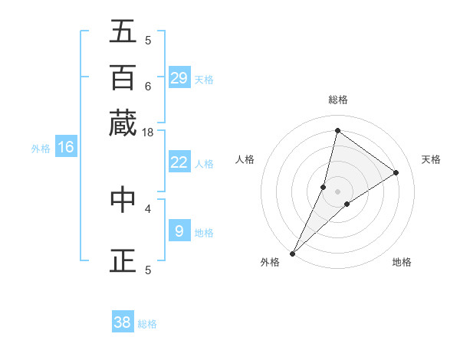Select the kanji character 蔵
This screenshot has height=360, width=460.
click(x=123, y=123)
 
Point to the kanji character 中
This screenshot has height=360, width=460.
click(x=123, y=199)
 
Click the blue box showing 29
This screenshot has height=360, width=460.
click(x=179, y=78)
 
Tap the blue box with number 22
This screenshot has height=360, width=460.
click(x=179, y=162)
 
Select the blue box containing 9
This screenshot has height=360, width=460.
click(x=179, y=231)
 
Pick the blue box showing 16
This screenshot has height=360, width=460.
click(x=66, y=147)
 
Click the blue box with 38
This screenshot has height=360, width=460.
click(x=123, y=322)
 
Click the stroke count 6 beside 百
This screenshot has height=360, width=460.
click(x=147, y=86)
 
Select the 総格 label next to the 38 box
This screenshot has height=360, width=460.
click(x=147, y=324)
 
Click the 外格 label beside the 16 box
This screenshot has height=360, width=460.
click(x=41, y=149)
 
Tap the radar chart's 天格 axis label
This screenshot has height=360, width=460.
click(x=431, y=159)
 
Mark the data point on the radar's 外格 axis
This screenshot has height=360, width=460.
click(x=293, y=253)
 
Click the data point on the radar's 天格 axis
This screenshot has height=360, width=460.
click(x=396, y=172)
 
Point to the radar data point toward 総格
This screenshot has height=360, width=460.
click(x=337, y=131)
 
